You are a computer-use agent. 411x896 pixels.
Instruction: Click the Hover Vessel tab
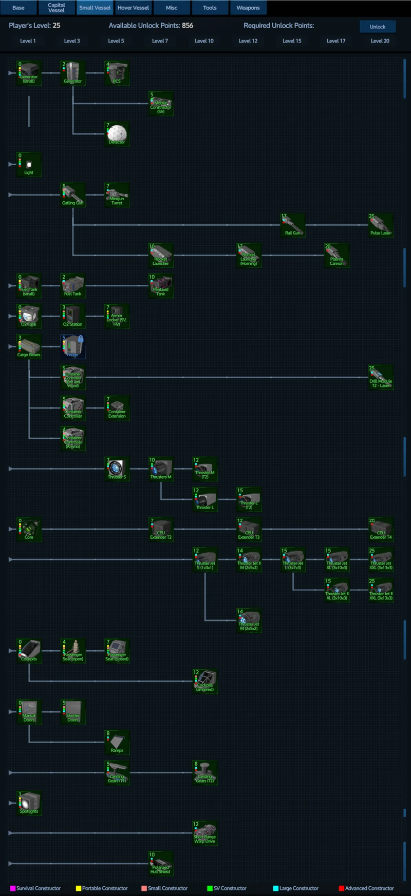(133, 8)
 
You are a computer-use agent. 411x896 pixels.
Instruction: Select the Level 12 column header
(248, 41)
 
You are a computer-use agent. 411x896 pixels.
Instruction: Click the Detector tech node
(117, 134)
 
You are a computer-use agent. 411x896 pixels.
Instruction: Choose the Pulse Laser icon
(381, 225)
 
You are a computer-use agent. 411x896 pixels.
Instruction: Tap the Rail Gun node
(293, 225)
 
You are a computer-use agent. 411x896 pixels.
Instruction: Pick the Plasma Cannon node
(337, 256)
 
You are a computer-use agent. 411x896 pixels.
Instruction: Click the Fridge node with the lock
(73, 347)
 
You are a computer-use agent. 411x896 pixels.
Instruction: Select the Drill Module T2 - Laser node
(381, 377)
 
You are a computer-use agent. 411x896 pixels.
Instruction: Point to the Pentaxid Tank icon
(161, 286)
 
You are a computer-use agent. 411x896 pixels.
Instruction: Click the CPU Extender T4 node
(381, 529)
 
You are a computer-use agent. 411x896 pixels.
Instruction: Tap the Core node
(29, 529)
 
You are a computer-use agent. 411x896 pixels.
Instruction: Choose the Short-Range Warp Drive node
(204, 833)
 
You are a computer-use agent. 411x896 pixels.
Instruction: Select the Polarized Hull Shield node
(161, 864)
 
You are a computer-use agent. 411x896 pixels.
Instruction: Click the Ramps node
(117, 742)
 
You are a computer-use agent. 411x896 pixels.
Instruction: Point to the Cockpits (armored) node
(204, 681)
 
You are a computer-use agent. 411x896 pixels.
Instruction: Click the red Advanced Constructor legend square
(341, 888)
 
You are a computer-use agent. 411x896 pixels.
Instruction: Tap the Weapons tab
(248, 8)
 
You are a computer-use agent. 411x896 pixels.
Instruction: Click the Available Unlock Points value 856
(188, 26)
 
